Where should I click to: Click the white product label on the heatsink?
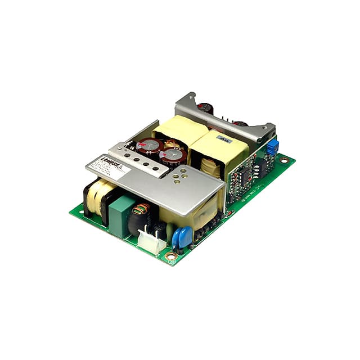pyautogui.click(x=109, y=168)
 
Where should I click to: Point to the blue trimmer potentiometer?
pyautogui.click(x=272, y=147)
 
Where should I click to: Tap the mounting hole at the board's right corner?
pyautogui.click(x=284, y=160)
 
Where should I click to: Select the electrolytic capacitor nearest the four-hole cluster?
pyautogui.click(x=172, y=157)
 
